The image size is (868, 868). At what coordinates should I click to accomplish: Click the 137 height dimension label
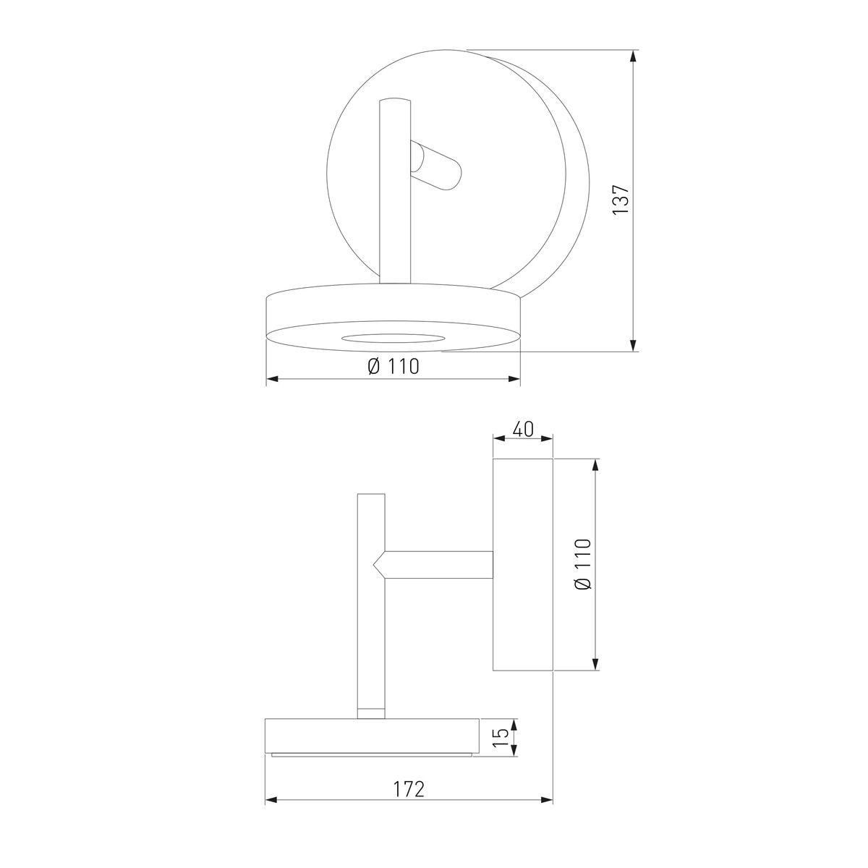click(x=621, y=200)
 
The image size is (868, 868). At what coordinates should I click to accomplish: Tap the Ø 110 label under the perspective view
click(x=393, y=366)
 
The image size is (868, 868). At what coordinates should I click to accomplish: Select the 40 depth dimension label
click(x=523, y=429)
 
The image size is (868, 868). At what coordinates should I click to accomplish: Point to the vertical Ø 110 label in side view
click(x=583, y=564)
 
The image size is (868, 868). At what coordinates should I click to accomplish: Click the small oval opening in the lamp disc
click(x=391, y=338)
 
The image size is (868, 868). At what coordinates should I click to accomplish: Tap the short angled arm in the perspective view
click(x=436, y=166)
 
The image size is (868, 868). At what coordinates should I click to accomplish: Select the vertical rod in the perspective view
click(x=395, y=191)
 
